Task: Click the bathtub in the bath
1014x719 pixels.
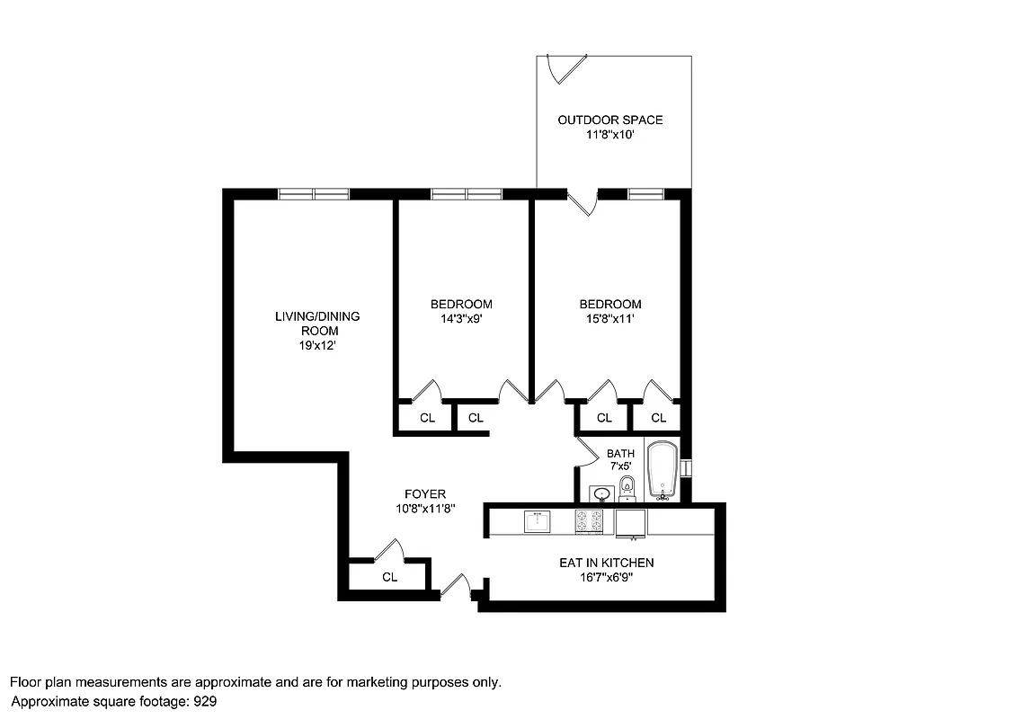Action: pyautogui.click(x=664, y=470)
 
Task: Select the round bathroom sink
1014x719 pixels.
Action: pyautogui.click(x=600, y=493)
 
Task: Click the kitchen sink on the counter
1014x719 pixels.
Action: pyautogui.click(x=538, y=521)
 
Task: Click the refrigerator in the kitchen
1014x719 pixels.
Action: pyautogui.click(x=631, y=523)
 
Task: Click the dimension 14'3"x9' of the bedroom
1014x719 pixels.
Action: pyautogui.click(x=461, y=318)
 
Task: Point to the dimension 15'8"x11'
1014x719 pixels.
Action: pyautogui.click(x=610, y=318)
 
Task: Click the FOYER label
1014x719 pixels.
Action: pyautogui.click(x=424, y=494)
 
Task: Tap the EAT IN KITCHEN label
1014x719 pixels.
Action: pyautogui.click(x=606, y=563)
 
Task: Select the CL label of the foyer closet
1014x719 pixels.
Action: pyautogui.click(x=389, y=577)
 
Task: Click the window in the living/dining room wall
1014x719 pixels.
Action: pyautogui.click(x=313, y=193)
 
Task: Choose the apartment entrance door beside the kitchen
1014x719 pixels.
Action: pyautogui.click(x=458, y=587)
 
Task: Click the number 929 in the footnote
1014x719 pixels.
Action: pyautogui.click(x=202, y=701)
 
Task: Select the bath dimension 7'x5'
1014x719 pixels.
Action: pyautogui.click(x=619, y=466)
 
